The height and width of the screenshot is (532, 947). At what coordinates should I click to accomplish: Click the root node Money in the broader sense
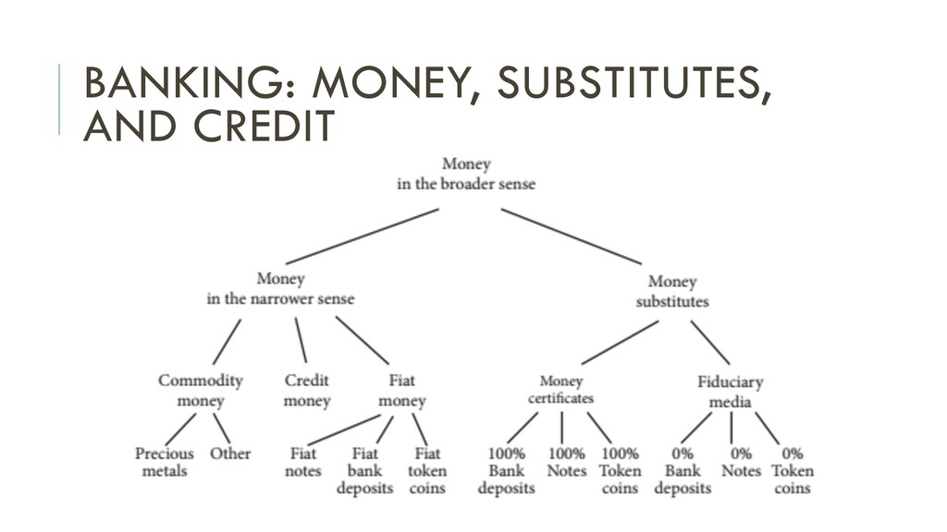pyautogui.click(x=466, y=174)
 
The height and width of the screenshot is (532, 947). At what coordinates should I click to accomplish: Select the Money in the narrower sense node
pyautogui.click(x=279, y=288)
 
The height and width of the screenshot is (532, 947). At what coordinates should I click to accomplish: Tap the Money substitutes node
pyautogui.click(x=672, y=291)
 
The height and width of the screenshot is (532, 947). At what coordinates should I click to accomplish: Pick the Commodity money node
pyautogui.click(x=201, y=390)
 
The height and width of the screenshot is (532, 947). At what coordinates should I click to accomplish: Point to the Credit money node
pyautogui.click(x=307, y=390)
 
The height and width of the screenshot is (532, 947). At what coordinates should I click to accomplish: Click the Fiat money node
pyautogui.click(x=402, y=390)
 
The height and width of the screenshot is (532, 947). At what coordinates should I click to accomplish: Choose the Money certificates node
pyautogui.click(x=560, y=389)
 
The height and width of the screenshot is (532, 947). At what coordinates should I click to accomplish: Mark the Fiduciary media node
pyautogui.click(x=731, y=391)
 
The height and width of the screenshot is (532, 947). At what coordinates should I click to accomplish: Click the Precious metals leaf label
pyautogui.click(x=165, y=462)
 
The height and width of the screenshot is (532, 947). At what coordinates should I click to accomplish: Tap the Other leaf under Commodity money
pyautogui.click(x=230, y=453)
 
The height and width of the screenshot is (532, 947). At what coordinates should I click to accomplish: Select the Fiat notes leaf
pyautogui.click(x=302, y=462)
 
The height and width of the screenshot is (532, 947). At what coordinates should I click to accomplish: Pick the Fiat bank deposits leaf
pyautogui.click(x=364, y=470)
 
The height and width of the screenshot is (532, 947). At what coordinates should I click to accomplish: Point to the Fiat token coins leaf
pyautogui.click(x=426, y=470)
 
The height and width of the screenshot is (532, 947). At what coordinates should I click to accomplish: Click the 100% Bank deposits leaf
pyautogui.click(x=506, y=470)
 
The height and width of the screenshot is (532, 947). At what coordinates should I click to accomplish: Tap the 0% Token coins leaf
pyautogui.click(x=793, y=470)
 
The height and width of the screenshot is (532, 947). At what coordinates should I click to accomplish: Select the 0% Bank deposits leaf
pyautogui.click(x=683, y=470)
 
